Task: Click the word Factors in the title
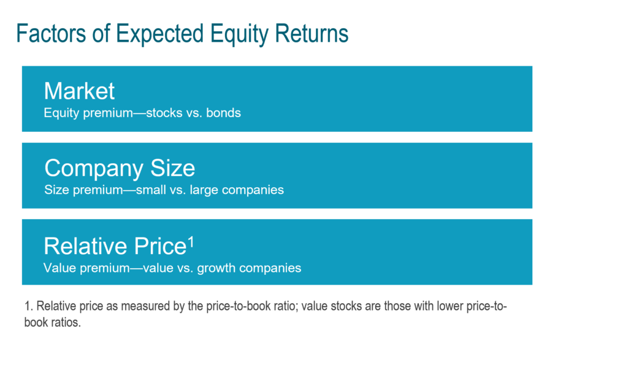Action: [x=51, y=33]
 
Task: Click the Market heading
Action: [x=79, y=91]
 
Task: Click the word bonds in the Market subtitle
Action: [x=223, y=113]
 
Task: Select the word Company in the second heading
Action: [x=94, y=168]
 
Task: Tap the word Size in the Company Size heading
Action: [x=172, y=168]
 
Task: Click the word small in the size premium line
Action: [x=151, y=190]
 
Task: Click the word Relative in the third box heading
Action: [x=85, y=246]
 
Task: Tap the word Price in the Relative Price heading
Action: [x=160, y=246]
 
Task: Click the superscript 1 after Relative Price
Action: [x=191, y=242]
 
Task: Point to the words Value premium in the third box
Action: [x=86, y=268]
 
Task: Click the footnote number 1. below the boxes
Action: [x=28, y=306]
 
